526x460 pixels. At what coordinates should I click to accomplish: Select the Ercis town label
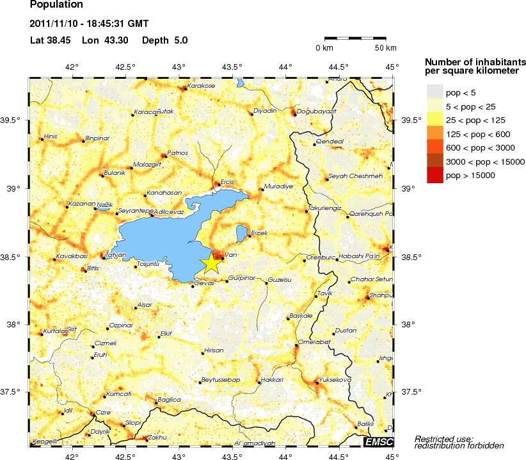click(x=227, y=182)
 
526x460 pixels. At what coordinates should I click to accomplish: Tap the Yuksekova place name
click(x=335, y=379)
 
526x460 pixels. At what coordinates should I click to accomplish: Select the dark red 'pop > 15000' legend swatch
click(x=434, y=175)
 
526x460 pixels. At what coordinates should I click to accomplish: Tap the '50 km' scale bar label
click(x=385, y=48)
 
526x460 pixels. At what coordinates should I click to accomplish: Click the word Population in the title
click(x=56, y=5)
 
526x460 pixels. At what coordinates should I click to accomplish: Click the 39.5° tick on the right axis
click(x=410, y=120)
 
